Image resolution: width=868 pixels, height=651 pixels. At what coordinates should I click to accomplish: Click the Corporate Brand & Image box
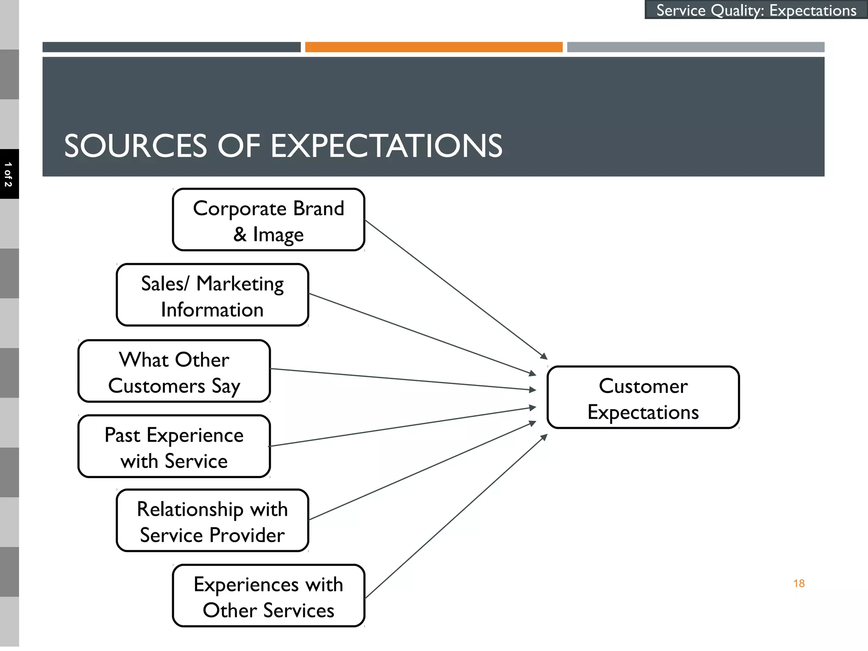coord(268,220)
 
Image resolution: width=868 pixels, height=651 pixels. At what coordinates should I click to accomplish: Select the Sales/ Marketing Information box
coord(212,295)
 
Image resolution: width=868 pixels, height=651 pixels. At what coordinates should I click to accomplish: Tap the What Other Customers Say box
coord(174,371)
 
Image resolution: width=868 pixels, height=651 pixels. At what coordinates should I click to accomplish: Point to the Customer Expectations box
coord(643,398)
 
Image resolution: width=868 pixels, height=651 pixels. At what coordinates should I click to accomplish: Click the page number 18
coord(798,584)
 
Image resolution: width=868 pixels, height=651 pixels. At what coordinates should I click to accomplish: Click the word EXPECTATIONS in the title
coord(386,146)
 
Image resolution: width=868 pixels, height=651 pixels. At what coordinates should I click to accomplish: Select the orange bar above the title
coord(434,47)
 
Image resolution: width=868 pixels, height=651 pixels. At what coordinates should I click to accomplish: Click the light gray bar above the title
coord(696,47)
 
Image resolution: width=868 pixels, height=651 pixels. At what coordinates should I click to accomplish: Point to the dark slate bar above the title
coord(171,47)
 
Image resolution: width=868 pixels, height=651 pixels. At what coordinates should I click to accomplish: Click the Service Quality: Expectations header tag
coord(756,10)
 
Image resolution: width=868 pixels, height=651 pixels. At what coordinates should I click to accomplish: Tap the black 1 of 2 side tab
coord(8,174)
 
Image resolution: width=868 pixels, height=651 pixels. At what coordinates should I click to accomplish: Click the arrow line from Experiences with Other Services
coord(456,517)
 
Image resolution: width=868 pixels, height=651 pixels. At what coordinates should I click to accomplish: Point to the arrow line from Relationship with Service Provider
coord(422,471)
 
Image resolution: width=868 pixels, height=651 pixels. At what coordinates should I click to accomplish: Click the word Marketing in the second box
coord(240,284)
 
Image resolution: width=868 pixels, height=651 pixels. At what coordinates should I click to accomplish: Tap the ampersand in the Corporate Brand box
coord(240,234)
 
